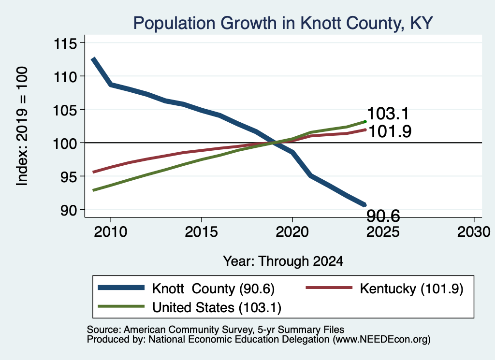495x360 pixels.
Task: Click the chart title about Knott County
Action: [283, 23]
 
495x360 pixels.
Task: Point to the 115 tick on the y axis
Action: [65, 43]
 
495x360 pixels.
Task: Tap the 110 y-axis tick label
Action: [65, 77]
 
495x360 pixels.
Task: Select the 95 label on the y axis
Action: [69, 177]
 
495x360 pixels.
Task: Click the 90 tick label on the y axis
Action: [69, 210]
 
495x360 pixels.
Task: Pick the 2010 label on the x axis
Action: [111, 232]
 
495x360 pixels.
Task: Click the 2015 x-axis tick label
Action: [202, 232]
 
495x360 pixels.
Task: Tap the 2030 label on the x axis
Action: [474, 232]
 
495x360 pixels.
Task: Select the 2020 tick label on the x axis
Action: [292, 232]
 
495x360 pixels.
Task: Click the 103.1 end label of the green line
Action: [388, 113]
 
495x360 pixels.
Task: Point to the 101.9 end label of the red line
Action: [390, 131]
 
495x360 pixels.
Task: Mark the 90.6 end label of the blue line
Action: [383, 216]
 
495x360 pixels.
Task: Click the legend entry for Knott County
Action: [186, 288]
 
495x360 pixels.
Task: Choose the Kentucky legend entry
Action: [384, 288]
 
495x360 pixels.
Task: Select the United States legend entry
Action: [189, 307]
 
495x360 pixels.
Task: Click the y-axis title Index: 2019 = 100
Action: [22, 126]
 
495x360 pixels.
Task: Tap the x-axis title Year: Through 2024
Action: [283, 261]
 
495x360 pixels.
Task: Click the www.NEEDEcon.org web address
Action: [381, 340]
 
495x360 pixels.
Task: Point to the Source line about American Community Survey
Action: [215, 330]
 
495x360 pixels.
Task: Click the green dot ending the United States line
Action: [365, 122]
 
